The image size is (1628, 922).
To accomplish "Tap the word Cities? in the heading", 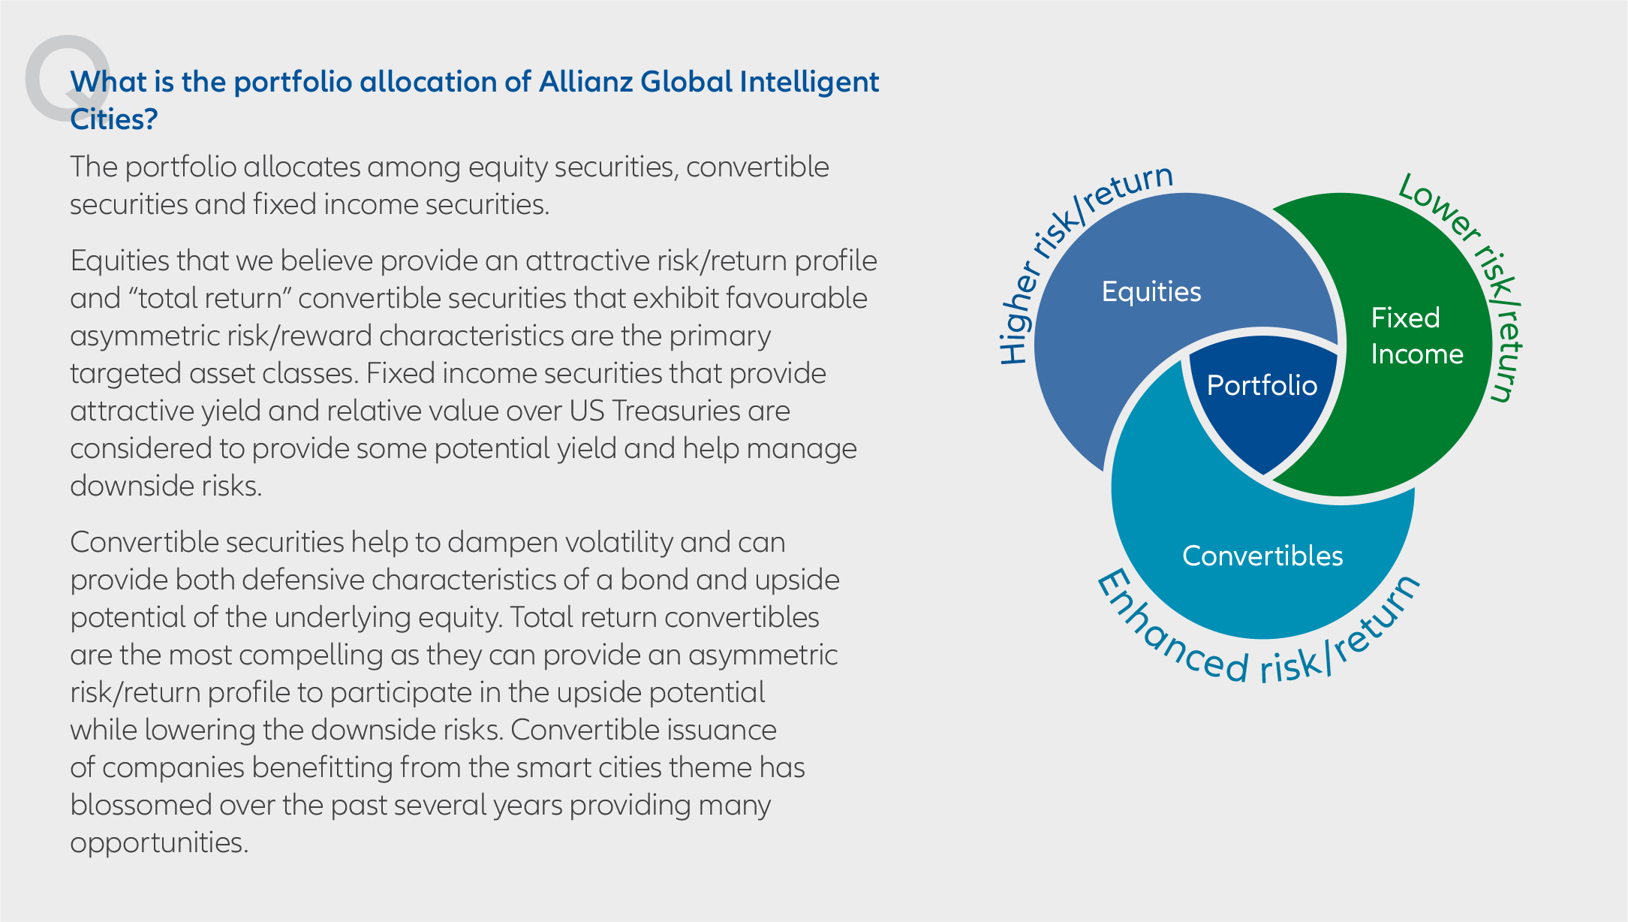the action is [x=114, y=119].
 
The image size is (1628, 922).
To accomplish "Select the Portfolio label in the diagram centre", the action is [x=1262, y=385].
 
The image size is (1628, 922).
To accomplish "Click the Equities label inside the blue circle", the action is [x=1151, y=292].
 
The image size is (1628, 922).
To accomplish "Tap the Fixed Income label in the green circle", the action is [x=1417, y=336].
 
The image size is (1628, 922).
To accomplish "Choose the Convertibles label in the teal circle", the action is [x=1262, y=556].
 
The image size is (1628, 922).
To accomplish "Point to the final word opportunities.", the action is [x=159, y=843].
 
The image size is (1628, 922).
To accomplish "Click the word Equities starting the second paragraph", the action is [x=119, y=261].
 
